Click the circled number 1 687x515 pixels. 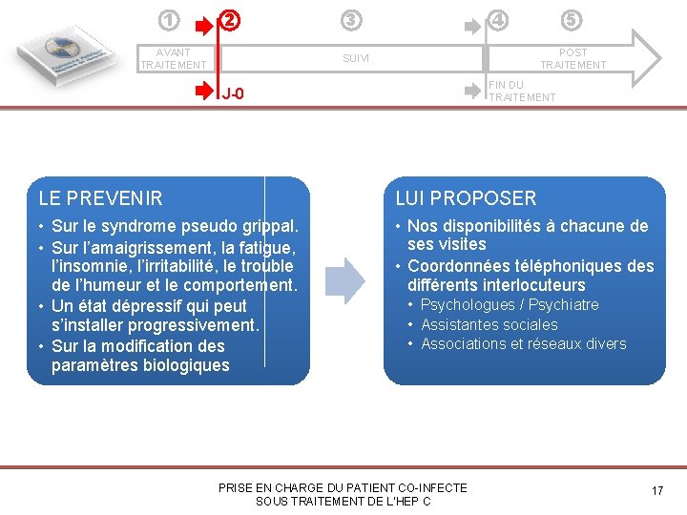tap(169, 19)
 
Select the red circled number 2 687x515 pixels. tap(230, 19)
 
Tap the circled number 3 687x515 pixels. tap(352, 19)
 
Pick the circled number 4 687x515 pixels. tap(497, 19)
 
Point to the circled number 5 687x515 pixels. tap(571, 19)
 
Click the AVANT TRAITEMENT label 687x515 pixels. tap(173, 58)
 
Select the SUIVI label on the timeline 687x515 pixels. tap(356, 59)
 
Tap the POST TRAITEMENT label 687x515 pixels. tap(572, 58)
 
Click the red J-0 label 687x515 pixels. tap(233, 93)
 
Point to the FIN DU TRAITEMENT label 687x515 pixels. tap(521, 92)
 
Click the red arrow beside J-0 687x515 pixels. tap(205, 92)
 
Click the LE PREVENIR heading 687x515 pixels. tap(100, 198)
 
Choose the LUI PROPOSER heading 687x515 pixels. tap(466, 198)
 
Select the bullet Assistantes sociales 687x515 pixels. tap(489, 324)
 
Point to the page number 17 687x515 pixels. tap(656, 490)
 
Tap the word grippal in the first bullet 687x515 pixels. tap(270, 227)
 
